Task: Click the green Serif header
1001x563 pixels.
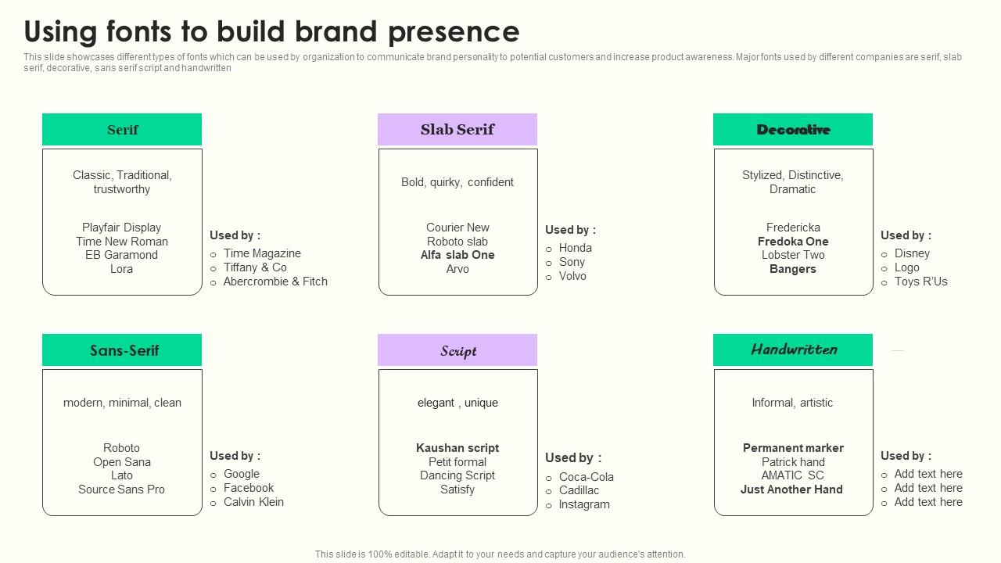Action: pyautogui.click(x=122, y=130)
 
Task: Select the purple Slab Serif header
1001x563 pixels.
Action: pyautogui.click(x=457, y=130)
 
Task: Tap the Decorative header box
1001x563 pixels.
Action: pyautogui.click(x=792, y=130)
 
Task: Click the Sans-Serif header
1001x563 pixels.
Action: pyautogui.click(x=122, y=350)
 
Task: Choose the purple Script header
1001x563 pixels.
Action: pyautogui.click(x=457, y=350)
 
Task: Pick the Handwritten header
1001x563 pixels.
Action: pyautogui.click(x=792, y=350)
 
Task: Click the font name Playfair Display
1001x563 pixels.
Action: pyautogui.click(x=121, y=228)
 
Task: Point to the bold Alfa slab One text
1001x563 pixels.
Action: pyautogui.click(x=457, y=255)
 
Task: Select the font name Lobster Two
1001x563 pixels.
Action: pyautogui.click(x=792, y=255)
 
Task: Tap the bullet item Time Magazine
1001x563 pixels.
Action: pyautogui.click(x=262, y=253)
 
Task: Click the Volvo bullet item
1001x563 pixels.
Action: pyautogui.click(x=572, y=276)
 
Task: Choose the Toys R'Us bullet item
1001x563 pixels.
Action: pyautogui.click(x=920, y=281)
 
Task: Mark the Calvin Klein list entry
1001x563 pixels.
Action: pyautogui.click(x=253, y=502)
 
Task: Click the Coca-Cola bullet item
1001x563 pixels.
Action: pyautogui.click(x=586, y=477)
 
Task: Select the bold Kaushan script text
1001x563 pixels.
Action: pyautogui.click(x=457, y=448)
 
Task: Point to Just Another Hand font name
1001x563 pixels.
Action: pyautogui.click(x=791, y=489)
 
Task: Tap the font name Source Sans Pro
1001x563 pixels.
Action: pyautogui.click(x=121, y=489)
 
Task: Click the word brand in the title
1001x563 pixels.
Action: pyautogui.click(x=338, y=31)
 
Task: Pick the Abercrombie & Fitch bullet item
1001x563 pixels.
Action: pyautogui.click(x=275, y=281)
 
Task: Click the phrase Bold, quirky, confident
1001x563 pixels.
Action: pyautogui.click(x=457, y=182)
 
